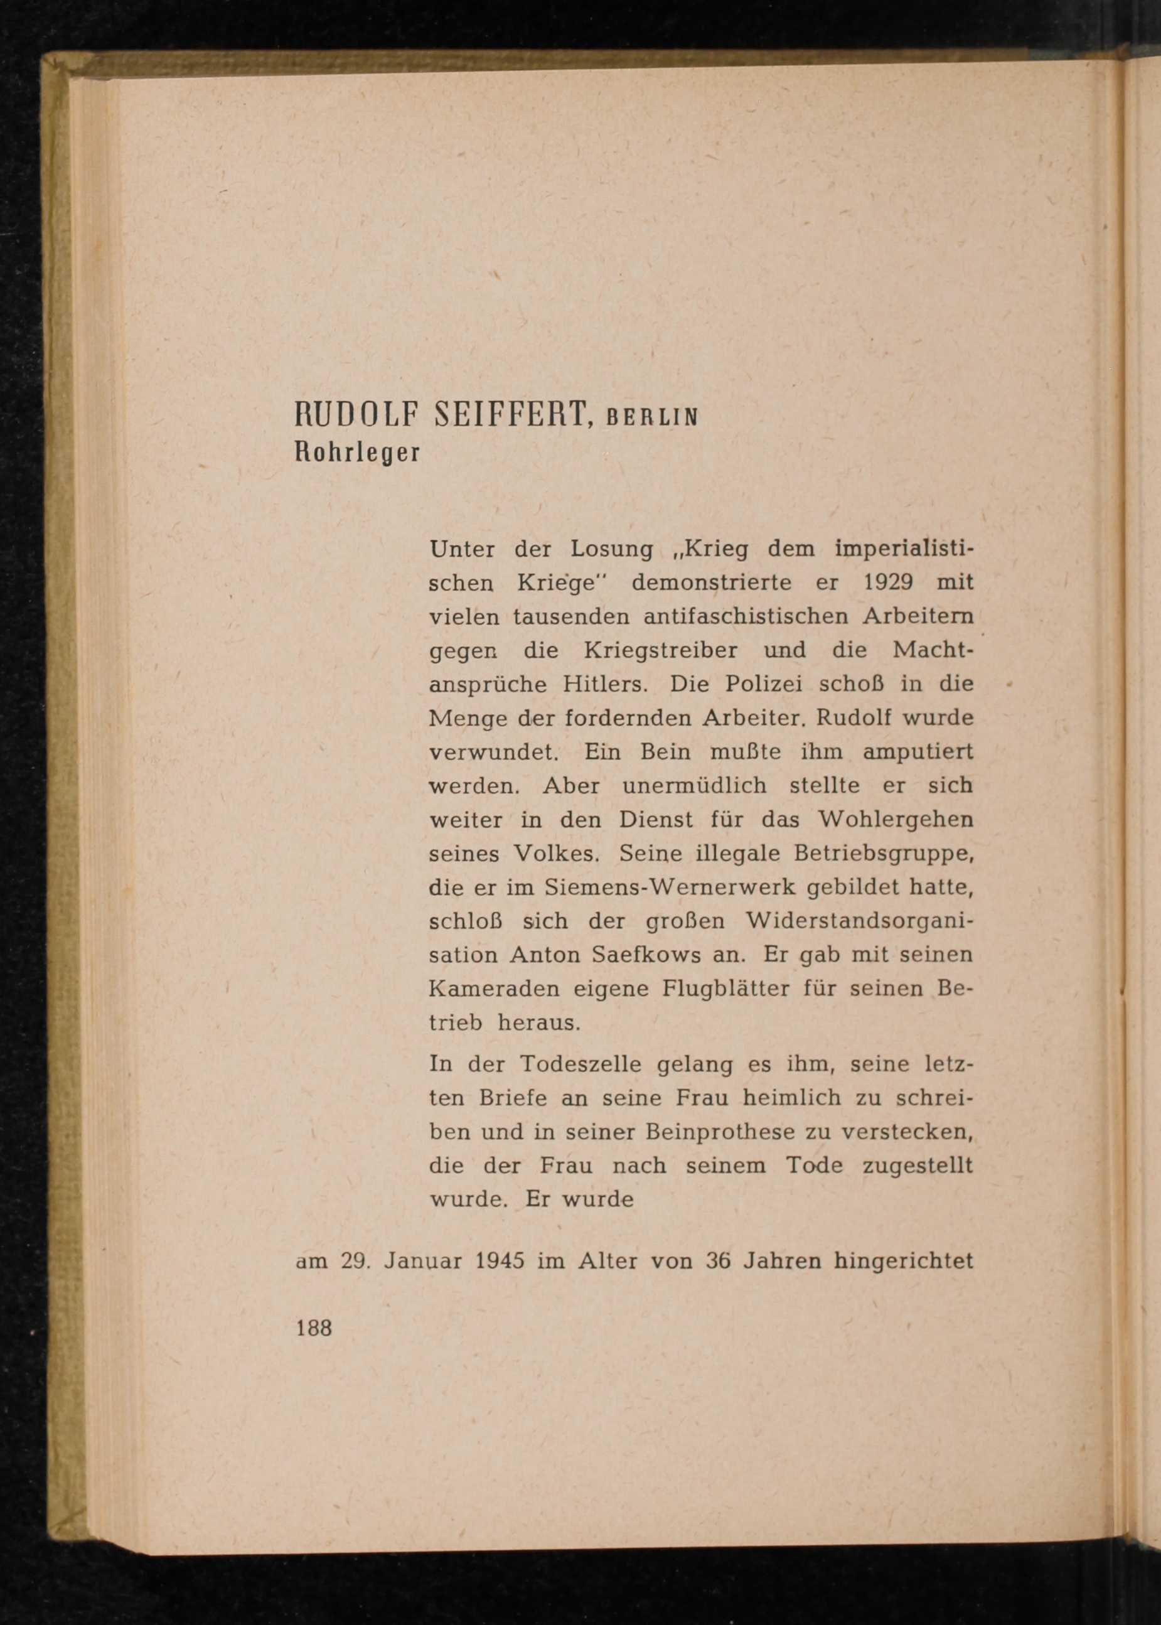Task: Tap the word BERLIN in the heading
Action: point(651,418)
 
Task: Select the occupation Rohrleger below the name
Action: point(358,453)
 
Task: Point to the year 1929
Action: point(888,582)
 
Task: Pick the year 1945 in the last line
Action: point(500,1260)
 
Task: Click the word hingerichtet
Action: point(904,1261)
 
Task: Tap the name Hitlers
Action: point(605,684)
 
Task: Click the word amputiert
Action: point(918,753)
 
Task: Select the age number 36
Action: point(717,1260)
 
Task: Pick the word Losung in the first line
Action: point(612,550)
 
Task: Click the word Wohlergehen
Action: point(895,820)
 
